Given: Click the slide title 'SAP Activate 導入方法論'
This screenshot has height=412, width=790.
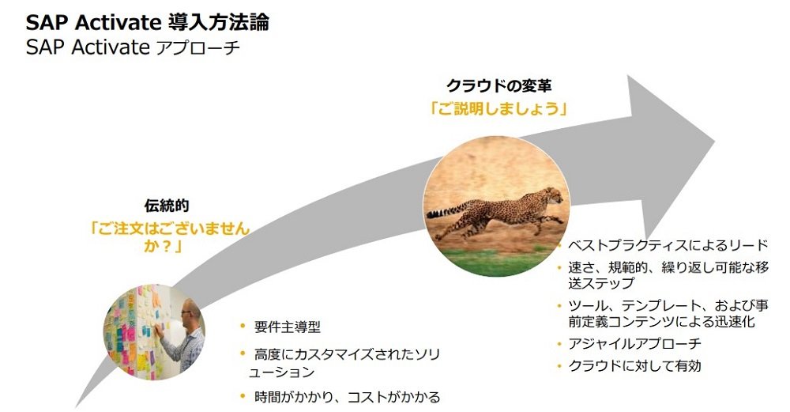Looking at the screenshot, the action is pyautogui.click(x=147, y=22).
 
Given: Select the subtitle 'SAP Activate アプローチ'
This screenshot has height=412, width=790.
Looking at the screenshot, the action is pyautogui.click(x=133, y=48).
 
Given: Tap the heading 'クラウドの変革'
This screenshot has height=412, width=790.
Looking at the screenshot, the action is pyautogui.click(x=498, y=85).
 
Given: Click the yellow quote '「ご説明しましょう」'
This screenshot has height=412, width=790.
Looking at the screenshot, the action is pyautogui.click(x=498, y=108).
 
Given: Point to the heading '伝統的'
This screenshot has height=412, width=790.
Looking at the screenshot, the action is pyautogui.click(x=167, y=206).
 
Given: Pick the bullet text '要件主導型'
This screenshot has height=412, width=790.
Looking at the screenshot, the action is pyautogui.click(x=288, y=327).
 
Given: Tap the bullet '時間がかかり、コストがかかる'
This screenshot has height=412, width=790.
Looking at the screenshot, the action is pyautogui.click(x=347, y=397).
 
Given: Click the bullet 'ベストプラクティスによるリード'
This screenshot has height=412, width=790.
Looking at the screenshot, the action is pyautogui.click(x=668, y=245).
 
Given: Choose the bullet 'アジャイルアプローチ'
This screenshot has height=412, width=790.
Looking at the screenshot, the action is pyautogui.click(x=635, y=343).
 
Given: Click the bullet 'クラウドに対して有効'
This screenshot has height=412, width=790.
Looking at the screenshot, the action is pyautogui.click(x=635, y=365).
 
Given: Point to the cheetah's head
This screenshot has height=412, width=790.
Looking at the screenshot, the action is pyautogui.click(x=553, y=195).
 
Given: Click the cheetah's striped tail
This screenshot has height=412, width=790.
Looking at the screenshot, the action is pyautogui.click(x=446, y=211).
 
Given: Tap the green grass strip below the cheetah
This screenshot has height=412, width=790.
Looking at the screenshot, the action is pyautogui.click(x=496, y=263).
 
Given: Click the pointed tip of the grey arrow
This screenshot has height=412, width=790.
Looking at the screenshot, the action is pyautogui.click(x=715, y=141).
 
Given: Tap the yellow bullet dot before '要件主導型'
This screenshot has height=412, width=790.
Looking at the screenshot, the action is pyautogui.click(x=243, y=327).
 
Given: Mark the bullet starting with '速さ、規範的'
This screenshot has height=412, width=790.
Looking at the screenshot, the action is pyautogui.click(x=668, y=275).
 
